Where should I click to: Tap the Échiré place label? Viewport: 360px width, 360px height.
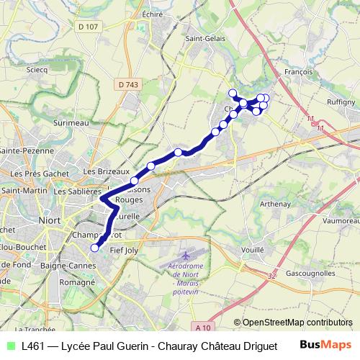(152, 14)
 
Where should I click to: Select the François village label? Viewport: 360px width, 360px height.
(297, 72)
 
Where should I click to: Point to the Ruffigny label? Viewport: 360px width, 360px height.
(341, 102)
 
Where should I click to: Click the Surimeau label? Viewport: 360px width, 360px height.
(69, 123)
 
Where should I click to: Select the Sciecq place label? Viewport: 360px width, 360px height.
(37, 71)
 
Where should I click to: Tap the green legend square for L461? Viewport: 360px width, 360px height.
(9, 346)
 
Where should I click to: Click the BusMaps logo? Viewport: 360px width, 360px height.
(330, 345)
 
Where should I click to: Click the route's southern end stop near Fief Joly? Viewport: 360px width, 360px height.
(94, 248)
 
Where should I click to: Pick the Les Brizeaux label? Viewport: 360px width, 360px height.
(100, 171)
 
